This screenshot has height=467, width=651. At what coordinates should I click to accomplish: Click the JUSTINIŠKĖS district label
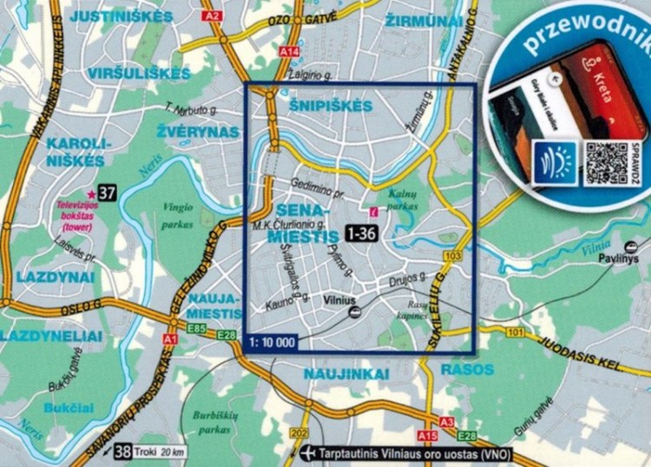110,16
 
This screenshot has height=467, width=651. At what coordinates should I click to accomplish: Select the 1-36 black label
361,233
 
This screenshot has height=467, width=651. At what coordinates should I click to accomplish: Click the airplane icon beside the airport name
307,454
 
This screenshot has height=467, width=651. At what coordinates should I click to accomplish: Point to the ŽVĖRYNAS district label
198,131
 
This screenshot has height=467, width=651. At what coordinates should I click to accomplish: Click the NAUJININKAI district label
345,373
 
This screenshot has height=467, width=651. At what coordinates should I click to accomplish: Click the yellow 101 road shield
517,332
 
